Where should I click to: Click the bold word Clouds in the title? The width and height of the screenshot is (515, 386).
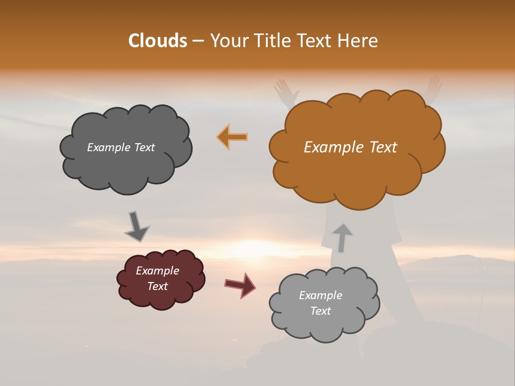[x=157, y=41]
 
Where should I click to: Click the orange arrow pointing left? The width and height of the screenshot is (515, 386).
[x=232, y=137]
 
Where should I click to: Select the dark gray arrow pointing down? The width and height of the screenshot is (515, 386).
[x=136, y=227]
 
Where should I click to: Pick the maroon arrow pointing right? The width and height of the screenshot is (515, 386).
[x=240, y=285]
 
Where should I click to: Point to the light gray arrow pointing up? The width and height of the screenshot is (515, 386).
[x=342, y=237]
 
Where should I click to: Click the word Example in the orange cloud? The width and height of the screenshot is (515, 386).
[x=328, y=147]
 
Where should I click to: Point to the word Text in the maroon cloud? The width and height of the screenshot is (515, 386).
[x=158, y=286]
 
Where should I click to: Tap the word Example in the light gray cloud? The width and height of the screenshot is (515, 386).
[x=320, y=295]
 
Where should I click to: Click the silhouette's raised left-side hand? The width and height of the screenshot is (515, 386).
[x=286, y=90]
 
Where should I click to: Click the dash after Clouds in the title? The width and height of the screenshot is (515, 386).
[x=197, y=41]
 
